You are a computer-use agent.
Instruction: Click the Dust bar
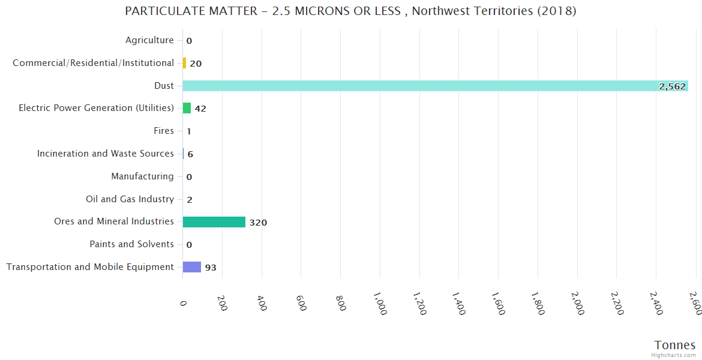click(435, 86)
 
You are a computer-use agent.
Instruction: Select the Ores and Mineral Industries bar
click(214, 222)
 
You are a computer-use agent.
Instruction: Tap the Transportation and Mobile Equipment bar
click(192, 267)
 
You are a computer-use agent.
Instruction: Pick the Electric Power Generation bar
click(187, 108)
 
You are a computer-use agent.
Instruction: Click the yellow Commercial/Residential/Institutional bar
click(184, 63)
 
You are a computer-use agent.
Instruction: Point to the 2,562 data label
click(672, 86)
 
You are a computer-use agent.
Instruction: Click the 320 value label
click(258, 223)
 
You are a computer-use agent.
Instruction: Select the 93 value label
click(211, 268)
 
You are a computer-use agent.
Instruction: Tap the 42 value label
click(200, 109)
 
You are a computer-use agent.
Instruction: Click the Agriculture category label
click(149, 40)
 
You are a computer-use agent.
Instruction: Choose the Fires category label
click(164, 131)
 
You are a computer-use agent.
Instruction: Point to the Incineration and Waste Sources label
click(106, 154)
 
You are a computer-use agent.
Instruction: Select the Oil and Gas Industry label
click(130, 199)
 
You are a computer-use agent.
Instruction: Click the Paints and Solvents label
click(131, 244)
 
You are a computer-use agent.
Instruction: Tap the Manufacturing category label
click(142, 176)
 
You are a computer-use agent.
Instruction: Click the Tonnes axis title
click(675, 345)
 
